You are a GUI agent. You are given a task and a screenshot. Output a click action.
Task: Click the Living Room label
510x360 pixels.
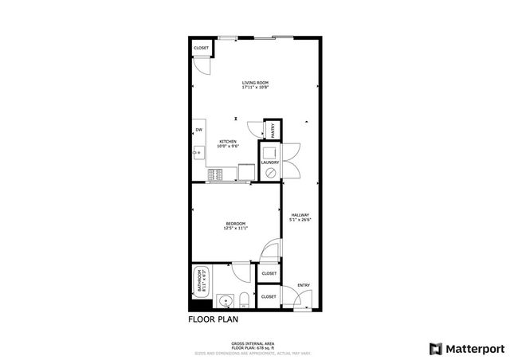[x=256, y=83]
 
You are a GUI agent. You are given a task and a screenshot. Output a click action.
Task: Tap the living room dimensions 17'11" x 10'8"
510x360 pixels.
[x=256, y=88]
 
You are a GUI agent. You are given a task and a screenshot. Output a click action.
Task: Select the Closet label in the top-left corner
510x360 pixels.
[x=201, y=49]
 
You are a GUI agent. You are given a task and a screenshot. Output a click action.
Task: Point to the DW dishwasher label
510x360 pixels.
[x=198, y=130]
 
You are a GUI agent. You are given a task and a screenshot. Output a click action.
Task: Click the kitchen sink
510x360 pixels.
[x=198, y=148]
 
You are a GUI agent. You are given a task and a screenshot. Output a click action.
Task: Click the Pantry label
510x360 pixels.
[x=273, y=128]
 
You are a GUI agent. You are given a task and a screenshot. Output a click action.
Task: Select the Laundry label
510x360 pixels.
[x=269, y=162]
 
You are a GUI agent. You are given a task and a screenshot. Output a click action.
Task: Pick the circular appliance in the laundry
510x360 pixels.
[x=270, y=170]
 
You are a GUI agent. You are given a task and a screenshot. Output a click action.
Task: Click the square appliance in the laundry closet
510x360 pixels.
[x=269, y=151]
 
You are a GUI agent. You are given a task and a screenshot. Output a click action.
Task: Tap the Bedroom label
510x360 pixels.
[x=235, y=223]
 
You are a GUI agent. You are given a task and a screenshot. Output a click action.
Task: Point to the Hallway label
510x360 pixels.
[x=300, y=215]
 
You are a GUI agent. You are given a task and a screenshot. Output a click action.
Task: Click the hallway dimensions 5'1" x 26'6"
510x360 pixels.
[x=300, y=220]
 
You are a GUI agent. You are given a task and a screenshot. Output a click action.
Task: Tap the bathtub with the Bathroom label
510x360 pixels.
[x=198, y=282]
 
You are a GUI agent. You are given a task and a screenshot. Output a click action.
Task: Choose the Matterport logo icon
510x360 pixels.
[x=434, y=348]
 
